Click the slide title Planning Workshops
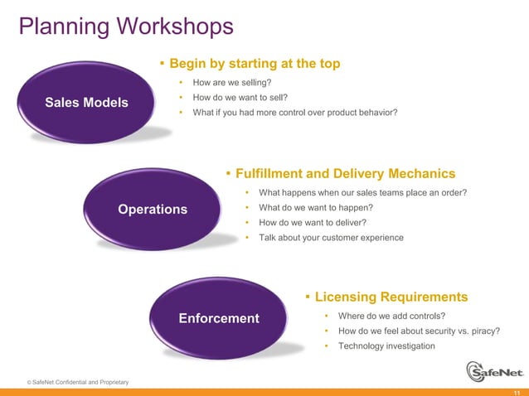(x=126, y=27)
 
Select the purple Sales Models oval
(x=86, y=103)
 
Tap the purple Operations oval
(x=153, y=210)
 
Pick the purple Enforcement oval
(x=219, y=318)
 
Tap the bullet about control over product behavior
(x=294, y=113)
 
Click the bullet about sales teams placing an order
(x=362, y=193)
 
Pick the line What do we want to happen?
(x=315, y=208)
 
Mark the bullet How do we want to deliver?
(x=312, y=223)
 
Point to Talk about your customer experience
(x=331, y=238)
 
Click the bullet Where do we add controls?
(x=391, y=316)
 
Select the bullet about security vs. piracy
(x=419, y=331)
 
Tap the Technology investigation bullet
(x=386, y=346)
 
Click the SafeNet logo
(x=494, y=372)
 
